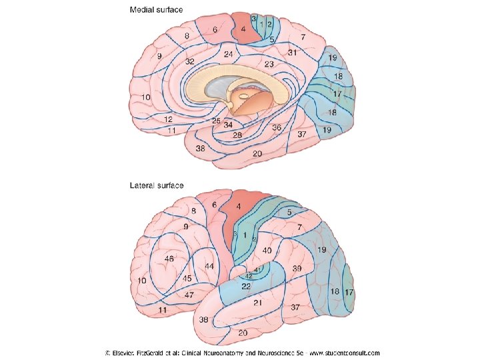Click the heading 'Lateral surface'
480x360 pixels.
coord(156,185)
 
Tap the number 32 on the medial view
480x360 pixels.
coord(190,61)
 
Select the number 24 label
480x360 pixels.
coord(228,54)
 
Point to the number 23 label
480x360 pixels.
coord(269,65)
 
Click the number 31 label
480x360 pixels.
coord(292,52)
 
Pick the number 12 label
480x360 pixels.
coord(169,119)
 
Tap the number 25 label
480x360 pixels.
coord(216,121)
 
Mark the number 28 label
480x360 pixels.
coord(237,135)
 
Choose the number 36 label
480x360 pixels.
coord(277,127)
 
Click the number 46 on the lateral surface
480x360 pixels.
coord(169,258)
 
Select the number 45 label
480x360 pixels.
coord(187,278)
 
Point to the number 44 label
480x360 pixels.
coord(209,266)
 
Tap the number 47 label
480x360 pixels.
coord(189,294)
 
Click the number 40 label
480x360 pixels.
coord(267,250)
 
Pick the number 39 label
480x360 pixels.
coord(297,267)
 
